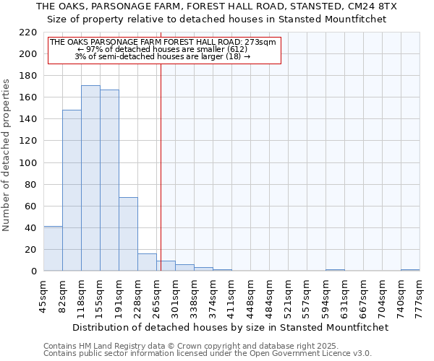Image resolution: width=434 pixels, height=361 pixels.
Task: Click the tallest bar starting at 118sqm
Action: (x=90, y=178)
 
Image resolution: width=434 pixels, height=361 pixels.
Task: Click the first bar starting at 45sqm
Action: (x=53, y=249)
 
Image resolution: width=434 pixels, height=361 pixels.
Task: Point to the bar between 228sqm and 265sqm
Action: (x=147, y=263)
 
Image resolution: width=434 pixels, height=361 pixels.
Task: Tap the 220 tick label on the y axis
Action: (x=28, y=32)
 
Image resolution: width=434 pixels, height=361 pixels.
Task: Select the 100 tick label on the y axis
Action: (x=28, y=162)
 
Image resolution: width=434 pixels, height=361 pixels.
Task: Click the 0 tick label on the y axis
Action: (x=33, y=271)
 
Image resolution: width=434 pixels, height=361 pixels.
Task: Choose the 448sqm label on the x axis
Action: (x=250, y=295)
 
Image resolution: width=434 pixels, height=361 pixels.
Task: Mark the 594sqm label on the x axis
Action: (x=325, y=295)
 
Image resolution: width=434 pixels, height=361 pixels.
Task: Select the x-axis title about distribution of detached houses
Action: (x=231, y=327)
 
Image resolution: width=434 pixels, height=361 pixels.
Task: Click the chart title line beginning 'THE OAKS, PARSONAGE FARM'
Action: (x=216, y=6)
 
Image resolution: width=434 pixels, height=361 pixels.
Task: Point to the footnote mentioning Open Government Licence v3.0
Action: (x=208, y=353)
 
